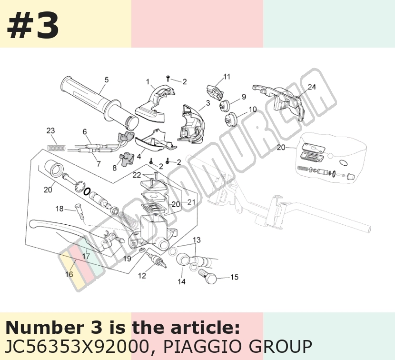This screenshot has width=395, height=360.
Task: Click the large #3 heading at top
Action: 33,26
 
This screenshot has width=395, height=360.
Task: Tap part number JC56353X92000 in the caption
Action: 77,346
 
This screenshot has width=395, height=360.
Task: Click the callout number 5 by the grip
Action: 107,80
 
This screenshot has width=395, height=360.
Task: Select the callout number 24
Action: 312,87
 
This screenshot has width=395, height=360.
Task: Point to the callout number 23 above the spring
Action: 50,130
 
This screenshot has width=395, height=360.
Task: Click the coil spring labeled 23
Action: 57,147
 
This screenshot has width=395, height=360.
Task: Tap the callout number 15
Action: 234,277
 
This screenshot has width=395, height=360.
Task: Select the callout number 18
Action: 59,209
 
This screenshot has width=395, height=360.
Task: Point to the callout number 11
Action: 227,77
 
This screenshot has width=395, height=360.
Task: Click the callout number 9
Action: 244,97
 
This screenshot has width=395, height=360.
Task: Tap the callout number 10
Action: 253,110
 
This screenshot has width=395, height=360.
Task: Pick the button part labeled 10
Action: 231,120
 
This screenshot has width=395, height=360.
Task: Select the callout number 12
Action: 142,276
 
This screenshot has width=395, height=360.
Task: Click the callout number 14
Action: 181,281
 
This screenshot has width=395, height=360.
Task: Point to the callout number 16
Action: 69,274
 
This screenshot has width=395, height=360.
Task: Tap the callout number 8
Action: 114,168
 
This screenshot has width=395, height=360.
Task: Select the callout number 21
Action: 191,202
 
